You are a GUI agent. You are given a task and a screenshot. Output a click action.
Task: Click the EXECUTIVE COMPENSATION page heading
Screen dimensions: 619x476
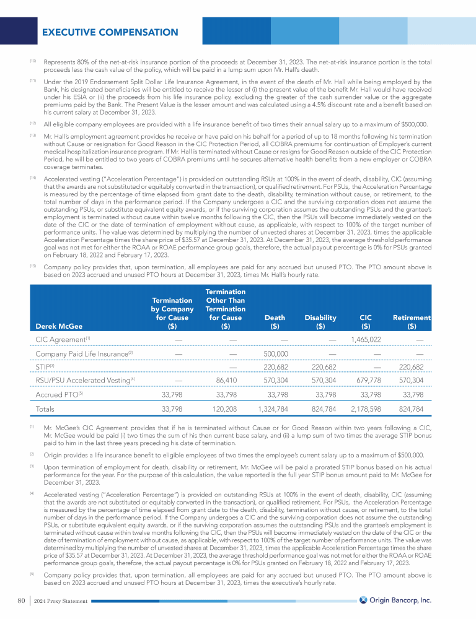(x=110, y=32)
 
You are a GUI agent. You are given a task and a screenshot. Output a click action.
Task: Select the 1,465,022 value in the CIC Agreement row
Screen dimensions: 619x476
(x=366, y=339)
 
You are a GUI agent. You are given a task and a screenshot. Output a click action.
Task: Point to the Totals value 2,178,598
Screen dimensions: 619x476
(x=366, y=409)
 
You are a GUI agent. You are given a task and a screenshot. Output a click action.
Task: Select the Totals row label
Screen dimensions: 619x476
(x=45, y=409)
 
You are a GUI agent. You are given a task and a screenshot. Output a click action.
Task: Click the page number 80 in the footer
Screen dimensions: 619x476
(x=20, y=600)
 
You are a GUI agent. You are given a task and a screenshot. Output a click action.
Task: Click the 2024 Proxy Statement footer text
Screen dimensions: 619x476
(x=61, y=600)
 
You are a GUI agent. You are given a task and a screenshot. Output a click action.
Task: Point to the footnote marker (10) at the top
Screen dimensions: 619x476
(x=33, y=60)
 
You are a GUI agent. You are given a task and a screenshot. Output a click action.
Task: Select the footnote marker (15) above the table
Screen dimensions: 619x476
(x=33, y=265)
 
